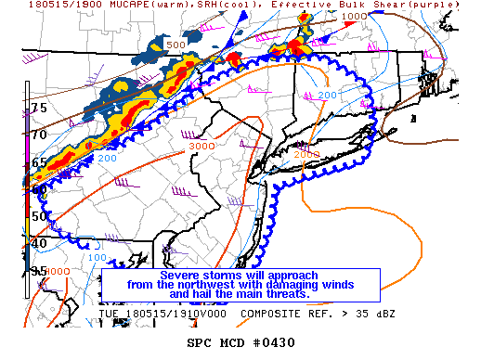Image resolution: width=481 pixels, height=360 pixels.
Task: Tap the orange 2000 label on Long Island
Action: [309, 153]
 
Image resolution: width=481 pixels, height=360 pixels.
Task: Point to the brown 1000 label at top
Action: [354, 17]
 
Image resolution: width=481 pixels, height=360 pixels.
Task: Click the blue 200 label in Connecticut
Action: [327, 95]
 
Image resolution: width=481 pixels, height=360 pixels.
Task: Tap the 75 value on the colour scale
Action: [38, 108]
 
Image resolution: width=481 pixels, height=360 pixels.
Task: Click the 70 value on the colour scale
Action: [38, 135]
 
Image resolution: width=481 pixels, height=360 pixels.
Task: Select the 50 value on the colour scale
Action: [38, 216]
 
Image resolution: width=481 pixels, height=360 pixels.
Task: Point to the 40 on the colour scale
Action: [38, 243]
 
